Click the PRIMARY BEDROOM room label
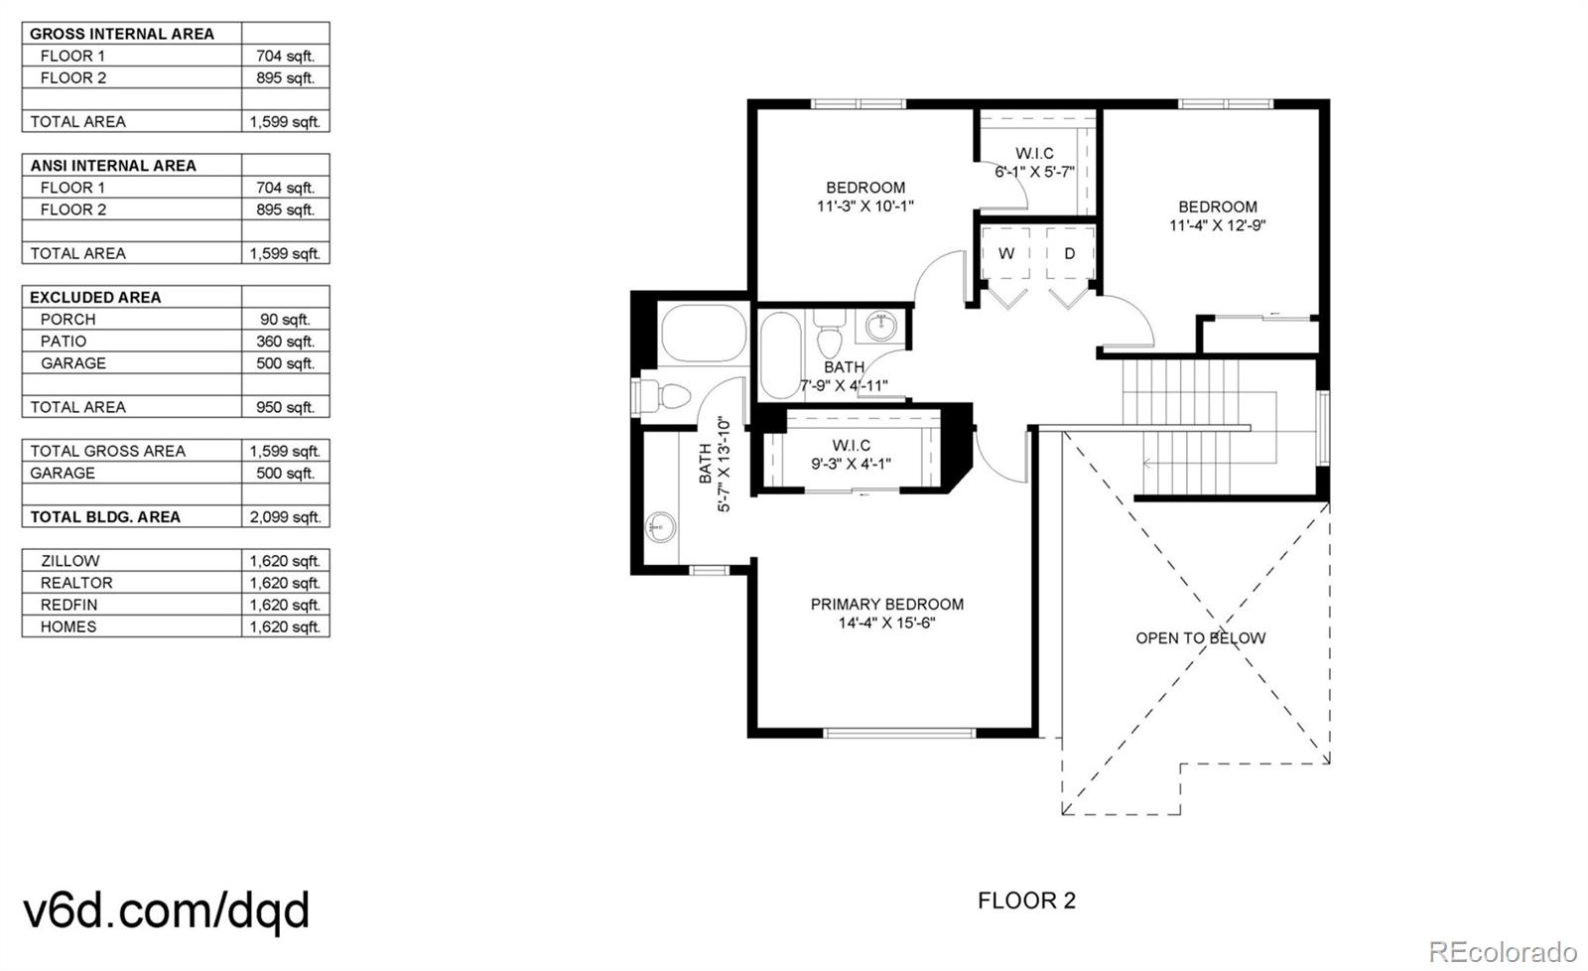pos(886,604)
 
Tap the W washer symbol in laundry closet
pos(1006,254)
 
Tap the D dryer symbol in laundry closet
pos(1069,254)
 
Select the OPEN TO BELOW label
pos(1200,637)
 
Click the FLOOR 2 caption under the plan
pos(1026,901)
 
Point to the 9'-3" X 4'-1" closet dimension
pos(852,464)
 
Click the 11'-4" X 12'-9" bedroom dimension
pos(1217,225)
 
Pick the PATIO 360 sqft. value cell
pos(285,342)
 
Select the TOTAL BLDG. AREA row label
pos(105,516)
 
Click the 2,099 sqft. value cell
pos(285,516)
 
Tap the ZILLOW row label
pos(69,561)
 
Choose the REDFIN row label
pos(68,605)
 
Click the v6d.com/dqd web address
pos(166,909)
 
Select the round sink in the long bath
pos(660,525)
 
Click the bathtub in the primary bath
pos(704,334)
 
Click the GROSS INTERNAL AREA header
pos(121,34)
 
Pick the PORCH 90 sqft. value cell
pos(285,320)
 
